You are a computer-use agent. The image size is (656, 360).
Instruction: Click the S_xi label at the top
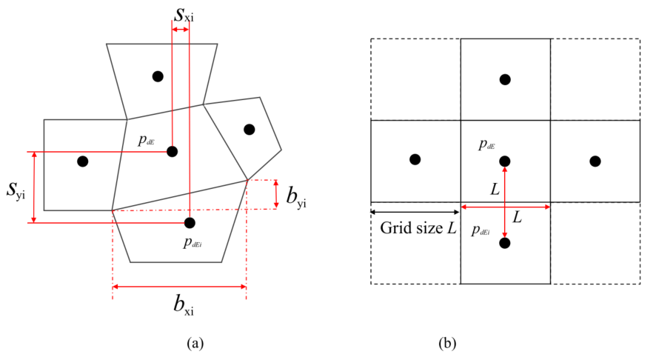(184, 15)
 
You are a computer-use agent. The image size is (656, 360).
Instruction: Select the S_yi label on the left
(16, 190)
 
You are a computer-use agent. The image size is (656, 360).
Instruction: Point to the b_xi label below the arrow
(184, 304)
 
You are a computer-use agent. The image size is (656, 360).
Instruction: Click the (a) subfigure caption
(195, 343)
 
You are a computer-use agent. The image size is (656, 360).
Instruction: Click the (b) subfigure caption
(447, 343)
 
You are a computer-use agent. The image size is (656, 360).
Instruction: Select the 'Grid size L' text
(418, 228)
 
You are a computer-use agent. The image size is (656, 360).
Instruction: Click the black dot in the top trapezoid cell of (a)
(158, 76)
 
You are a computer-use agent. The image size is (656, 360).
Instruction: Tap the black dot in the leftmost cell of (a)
(83, 161)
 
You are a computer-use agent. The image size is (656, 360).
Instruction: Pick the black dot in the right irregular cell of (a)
(250, 130)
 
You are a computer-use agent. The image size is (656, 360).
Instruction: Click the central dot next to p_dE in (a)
(172, 151)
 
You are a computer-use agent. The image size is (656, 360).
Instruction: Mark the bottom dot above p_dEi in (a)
(190, 223)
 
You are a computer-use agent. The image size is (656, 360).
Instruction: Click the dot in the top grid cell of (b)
(505, 79)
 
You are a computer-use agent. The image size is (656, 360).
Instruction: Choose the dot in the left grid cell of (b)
(415, 159)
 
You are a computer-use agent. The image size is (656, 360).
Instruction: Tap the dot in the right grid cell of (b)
(595, 161)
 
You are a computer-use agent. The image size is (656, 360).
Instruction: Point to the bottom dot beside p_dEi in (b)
(505, 243)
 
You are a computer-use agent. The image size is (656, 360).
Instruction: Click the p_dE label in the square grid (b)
(487, 145)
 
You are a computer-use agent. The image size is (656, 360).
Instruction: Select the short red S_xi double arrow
(181, 30)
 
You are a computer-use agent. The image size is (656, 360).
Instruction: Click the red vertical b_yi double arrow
(276, 194)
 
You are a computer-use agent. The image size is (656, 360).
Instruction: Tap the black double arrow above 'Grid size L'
(415, 213)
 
